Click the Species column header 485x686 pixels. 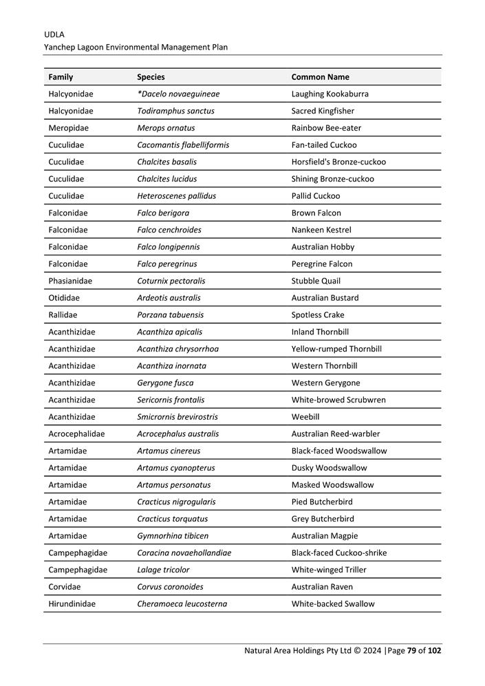[151, 77]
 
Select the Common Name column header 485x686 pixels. [320, 77]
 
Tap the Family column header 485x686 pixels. [61, 77]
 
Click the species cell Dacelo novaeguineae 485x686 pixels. [179, 94]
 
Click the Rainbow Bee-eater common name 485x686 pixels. [326, 128]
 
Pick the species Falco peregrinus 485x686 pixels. [166, 264]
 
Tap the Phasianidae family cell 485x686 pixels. [70, 281]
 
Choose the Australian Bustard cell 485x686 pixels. [325, 298]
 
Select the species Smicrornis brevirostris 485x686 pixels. [177, 417]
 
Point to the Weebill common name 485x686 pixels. [305, 417]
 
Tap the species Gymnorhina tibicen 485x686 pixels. [172, 536]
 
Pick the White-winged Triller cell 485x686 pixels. [329, 570]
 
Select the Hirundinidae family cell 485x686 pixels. [72, 604]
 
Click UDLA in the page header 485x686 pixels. [54, 34]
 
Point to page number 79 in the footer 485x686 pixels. [412, 650]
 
